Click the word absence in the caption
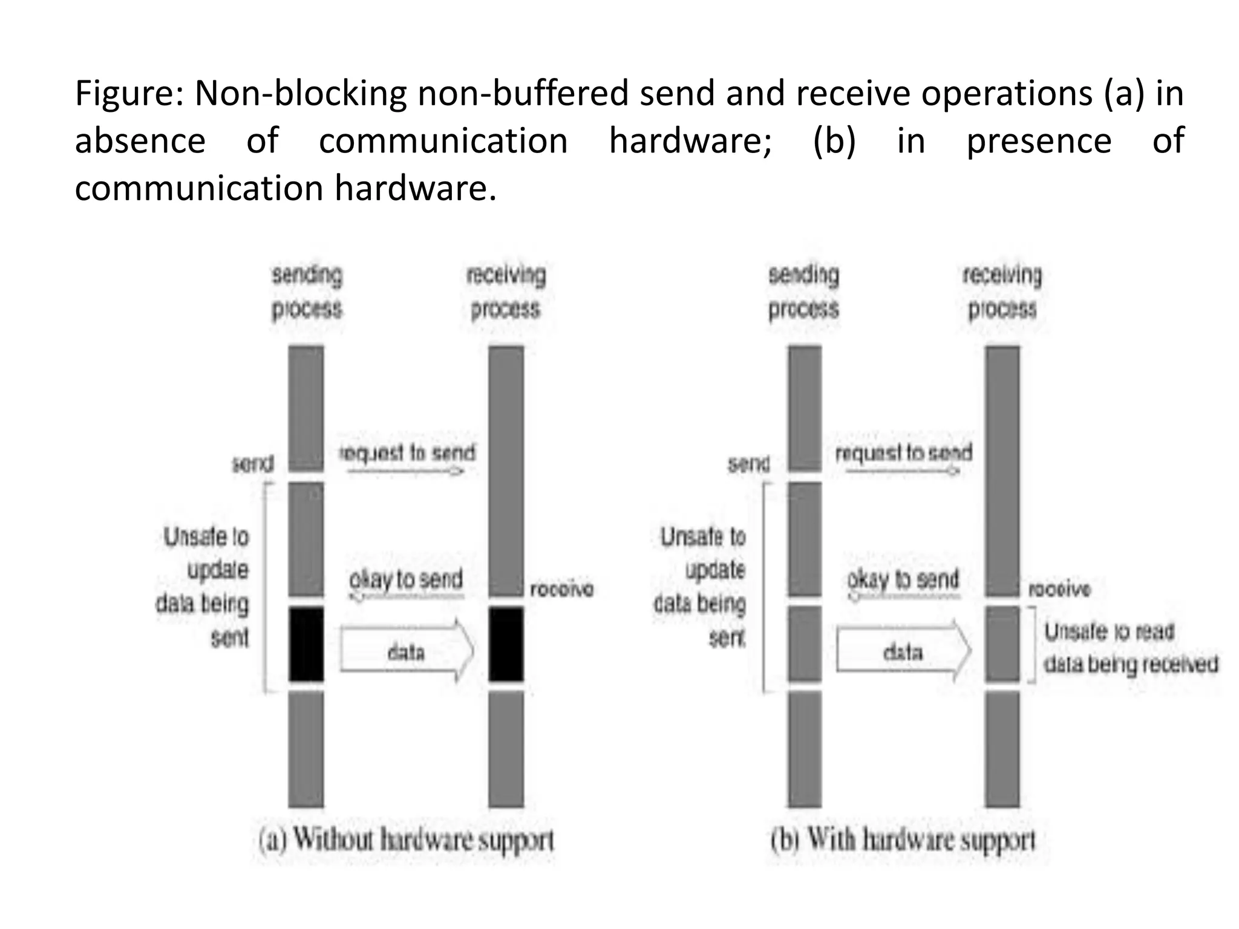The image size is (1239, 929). (140, 142)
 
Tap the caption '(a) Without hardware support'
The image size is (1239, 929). (406, 841)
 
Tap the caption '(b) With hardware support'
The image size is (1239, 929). (903, 841)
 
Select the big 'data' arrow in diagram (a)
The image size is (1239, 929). (406, 651)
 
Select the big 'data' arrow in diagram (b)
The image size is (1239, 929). (903, 651)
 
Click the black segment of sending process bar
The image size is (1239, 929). (306, 645)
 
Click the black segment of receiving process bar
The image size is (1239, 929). (506, 645)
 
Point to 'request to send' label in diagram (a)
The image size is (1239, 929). (407, 452)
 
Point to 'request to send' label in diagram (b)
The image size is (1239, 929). (903, 452)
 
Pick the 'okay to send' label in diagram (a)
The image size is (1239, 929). (406, 579)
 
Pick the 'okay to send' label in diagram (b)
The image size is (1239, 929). (903, 579)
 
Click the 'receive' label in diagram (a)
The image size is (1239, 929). (561, 589)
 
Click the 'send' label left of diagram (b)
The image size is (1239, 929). (748, 464)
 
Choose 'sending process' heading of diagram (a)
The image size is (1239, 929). (307, 292)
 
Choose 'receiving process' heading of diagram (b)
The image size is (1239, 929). (1002, 292)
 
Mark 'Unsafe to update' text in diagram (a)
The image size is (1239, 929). (206, 553)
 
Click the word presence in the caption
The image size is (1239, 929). (1039, 142)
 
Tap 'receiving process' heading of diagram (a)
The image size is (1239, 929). (506, 292)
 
